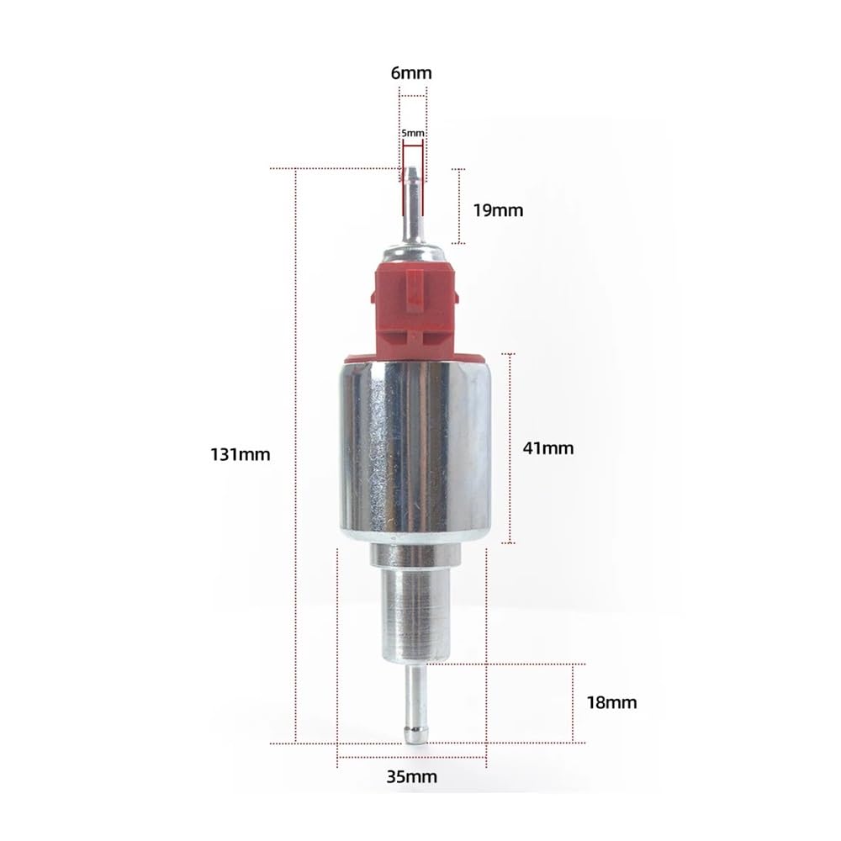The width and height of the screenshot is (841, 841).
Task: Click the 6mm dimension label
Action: tap(411, 73)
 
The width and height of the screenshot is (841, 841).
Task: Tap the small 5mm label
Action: tap(412, 133)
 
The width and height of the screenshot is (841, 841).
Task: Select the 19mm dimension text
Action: tap(498, 210)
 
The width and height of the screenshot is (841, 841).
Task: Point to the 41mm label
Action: tap(548, 448)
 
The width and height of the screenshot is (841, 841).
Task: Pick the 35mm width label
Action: tap(412, 777)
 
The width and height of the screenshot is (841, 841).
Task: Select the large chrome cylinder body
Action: tap(415, 446)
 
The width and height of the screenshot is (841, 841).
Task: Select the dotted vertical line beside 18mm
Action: tap(574, 702)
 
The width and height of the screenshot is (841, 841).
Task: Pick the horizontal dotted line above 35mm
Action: tap(412, 756)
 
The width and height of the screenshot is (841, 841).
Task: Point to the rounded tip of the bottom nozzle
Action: tap(414, 737)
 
